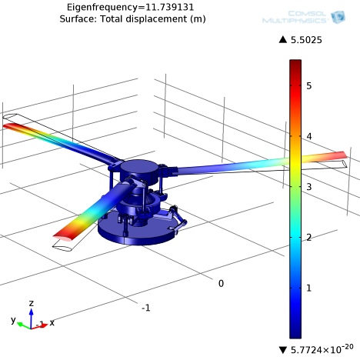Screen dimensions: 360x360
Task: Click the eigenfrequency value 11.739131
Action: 170,7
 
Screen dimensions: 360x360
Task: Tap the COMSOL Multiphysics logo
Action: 304,17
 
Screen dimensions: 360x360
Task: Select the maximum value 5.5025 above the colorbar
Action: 306,40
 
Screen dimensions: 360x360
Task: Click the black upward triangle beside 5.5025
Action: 283,39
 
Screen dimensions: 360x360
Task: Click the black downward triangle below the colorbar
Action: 283,350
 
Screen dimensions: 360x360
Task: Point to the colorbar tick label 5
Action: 309,85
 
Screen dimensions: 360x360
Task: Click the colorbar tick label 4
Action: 309,136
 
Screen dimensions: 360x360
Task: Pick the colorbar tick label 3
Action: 309,187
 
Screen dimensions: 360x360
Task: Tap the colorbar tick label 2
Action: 309,238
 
